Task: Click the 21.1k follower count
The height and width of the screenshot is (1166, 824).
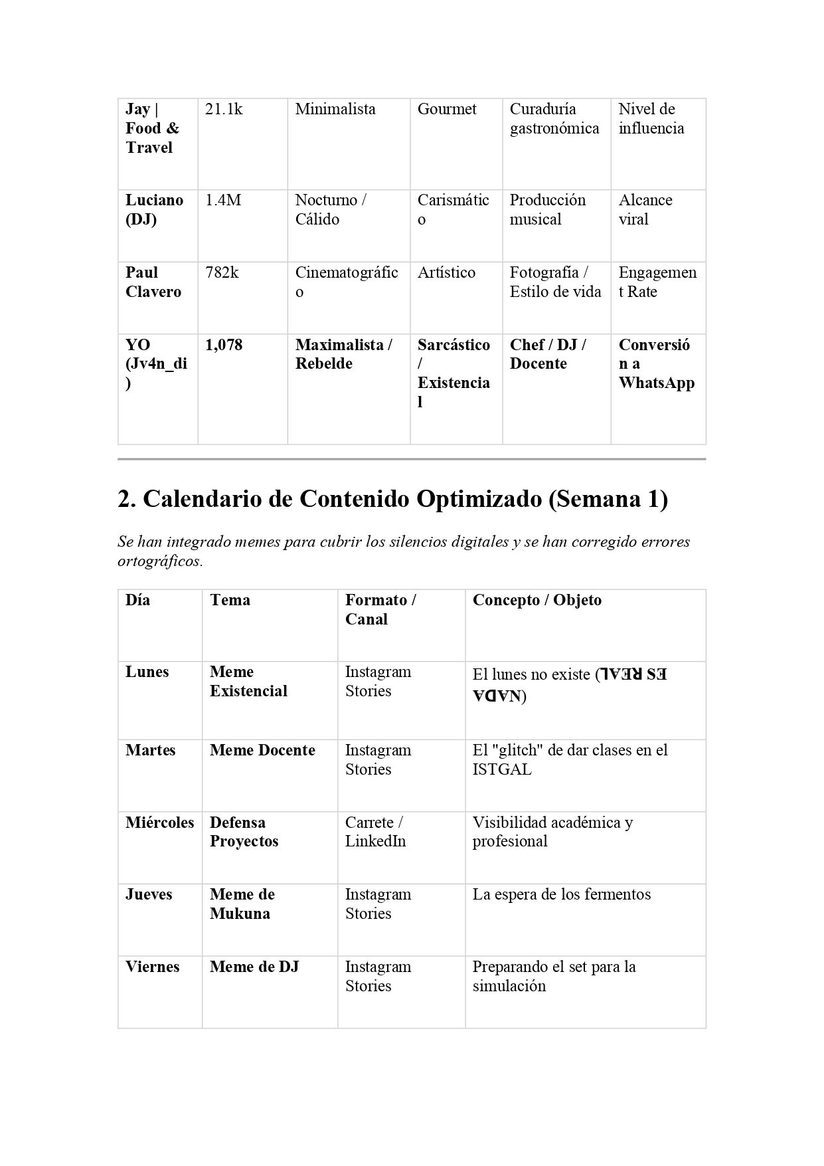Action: coord(224,110)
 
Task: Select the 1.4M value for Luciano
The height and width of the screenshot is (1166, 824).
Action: coord(222,201)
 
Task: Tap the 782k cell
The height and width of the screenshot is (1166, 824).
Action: coord(222,273)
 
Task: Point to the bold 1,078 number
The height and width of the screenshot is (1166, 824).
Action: coord(224,345)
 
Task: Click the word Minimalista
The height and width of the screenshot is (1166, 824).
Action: coord(335,110)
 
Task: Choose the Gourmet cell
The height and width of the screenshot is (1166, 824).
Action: coord(447,110)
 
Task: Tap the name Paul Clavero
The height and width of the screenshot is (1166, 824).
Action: coord(153,282)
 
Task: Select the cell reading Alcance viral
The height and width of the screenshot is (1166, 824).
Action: coord(645,210)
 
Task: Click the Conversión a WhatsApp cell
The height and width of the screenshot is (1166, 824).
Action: coord(656,364)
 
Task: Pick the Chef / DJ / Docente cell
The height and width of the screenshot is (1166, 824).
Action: coord(548,355)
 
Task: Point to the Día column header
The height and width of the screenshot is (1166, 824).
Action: coord(137,601)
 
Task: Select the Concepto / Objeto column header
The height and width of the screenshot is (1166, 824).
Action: coord(536,601)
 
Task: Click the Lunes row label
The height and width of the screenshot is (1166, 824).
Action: coord(147,672)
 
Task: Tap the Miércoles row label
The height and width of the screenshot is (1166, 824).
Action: coord(159,823)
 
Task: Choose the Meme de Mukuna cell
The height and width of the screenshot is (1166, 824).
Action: coord(242,904)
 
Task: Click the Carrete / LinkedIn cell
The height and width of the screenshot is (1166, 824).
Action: coord(375,832)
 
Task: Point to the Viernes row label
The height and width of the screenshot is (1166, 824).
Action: coord(152,967)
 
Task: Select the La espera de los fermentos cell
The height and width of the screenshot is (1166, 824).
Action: coord(561,895)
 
